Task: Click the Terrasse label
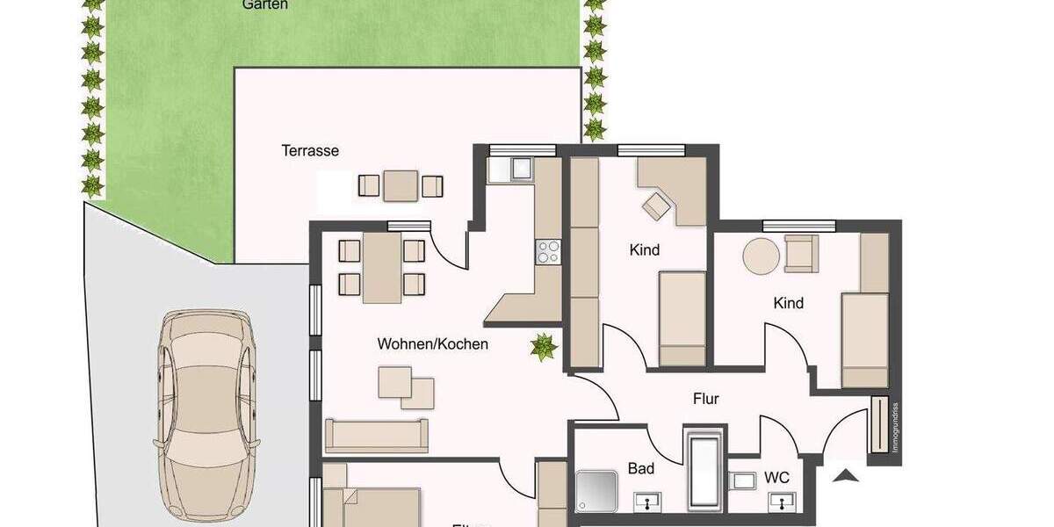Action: click(310, 150)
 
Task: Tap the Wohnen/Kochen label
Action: click(432, 343)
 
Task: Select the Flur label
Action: click(705, 399)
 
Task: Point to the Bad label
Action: click(641, 468)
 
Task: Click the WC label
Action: click(776, 478)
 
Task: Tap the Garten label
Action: click(265, 4)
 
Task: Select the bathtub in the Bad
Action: click(705, 470)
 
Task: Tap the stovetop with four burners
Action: click(548, 251)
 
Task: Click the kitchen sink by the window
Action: click(522, 167)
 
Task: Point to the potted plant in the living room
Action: click(544, 347)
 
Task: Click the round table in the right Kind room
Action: click(761, 256)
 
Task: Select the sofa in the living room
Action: click(376, 435)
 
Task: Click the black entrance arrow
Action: click(846, 477)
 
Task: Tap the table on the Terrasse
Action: click(401, 185)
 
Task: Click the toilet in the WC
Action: click(743, 480)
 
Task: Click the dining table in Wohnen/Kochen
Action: click(382, 267)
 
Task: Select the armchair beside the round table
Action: click(800, 253)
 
